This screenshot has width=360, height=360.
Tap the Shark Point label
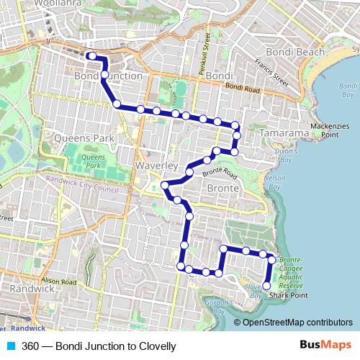point(289,295)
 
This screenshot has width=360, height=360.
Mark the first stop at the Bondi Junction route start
point(91,55)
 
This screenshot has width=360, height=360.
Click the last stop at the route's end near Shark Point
point(266,286)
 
